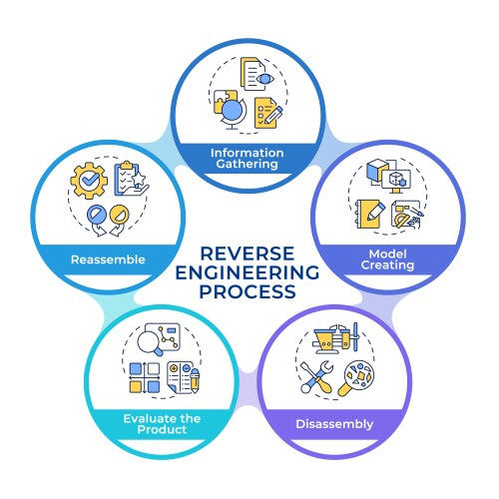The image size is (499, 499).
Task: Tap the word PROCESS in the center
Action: [249, 292]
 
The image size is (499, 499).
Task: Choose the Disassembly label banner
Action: [334, 424]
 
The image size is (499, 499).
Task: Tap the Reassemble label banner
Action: [108, 259]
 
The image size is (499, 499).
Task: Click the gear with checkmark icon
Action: [87, 180]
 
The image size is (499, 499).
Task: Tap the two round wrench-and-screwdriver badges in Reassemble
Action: [107, 219]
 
